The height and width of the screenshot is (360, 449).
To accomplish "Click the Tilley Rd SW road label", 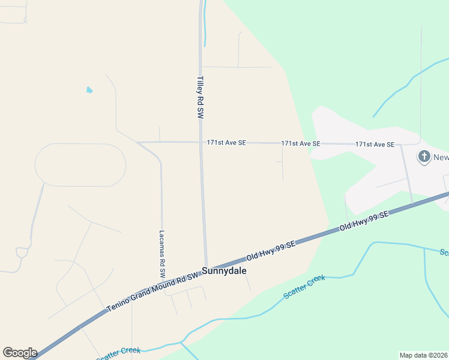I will click(x=200, y=97).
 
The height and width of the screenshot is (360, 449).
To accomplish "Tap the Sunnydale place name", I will click(x=224, y=271).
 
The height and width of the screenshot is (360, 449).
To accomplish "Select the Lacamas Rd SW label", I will click(x=162, y=254).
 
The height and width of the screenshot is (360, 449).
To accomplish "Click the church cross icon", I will click(x=424, y=157).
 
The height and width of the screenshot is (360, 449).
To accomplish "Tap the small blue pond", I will click(x=89, y=90).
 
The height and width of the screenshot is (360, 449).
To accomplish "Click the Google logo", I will click(x=20, y=353).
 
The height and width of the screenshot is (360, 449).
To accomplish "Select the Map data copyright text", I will click(x=423, y=355).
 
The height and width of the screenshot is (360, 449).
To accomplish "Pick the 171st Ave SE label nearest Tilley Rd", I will click(x=226, y=143).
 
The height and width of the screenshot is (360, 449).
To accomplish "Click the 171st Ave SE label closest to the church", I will click(x=375, y=145).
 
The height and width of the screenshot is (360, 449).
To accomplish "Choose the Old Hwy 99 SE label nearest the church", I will click(x=364, y=221).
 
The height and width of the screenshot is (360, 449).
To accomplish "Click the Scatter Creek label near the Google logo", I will click(x=118, y=354).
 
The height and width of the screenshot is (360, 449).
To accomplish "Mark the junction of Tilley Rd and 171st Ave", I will click(x=200, y=142).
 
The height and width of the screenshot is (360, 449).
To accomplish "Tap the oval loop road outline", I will click(x=80, y=164).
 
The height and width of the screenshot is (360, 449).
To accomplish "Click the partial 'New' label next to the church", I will click(x=441, y=157).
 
